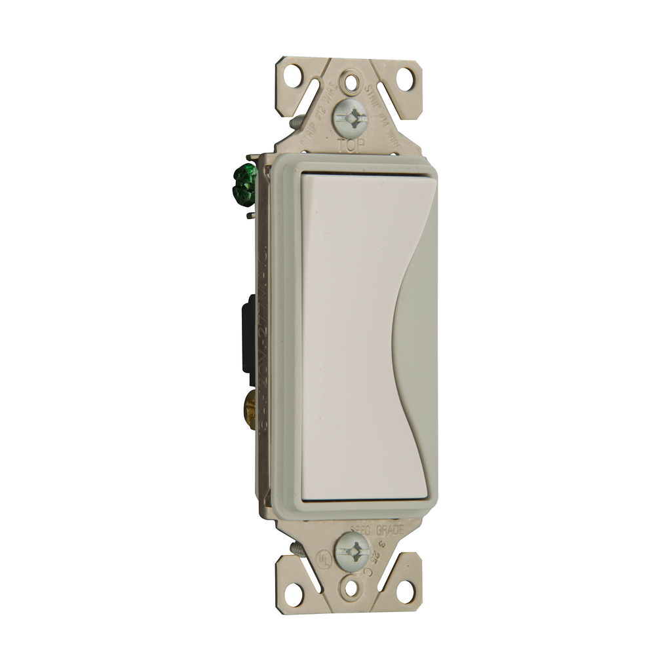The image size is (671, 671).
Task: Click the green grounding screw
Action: [244, 185]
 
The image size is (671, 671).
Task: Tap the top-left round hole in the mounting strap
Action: [293, 75]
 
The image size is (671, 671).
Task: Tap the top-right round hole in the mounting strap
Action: [404, 79]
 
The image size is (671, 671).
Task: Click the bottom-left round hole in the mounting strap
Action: [293, 594]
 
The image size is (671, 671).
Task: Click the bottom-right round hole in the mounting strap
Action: [404, 592]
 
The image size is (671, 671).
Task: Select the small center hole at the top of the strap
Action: [352, 83]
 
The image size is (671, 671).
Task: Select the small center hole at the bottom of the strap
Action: [352, 587]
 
